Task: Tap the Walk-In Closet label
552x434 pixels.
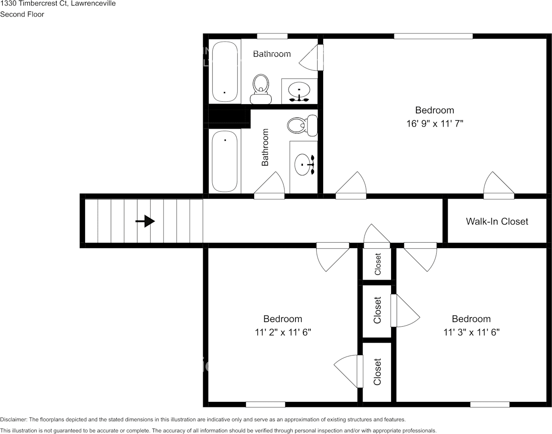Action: coord(497,222)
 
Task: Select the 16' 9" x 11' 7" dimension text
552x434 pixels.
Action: coord(435,123)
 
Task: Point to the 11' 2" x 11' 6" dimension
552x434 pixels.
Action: coord(283,332)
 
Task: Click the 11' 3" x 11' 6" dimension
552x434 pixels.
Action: coord(471,332)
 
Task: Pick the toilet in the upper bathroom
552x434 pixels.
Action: coord(261,89)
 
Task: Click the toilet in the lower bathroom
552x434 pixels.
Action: coord(302,125)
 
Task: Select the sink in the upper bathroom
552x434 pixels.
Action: coord(299,90)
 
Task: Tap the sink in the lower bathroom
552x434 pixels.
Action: coord(304,164)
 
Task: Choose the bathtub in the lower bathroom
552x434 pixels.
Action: coord(225,161)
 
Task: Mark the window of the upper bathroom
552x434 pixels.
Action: coord(272,36)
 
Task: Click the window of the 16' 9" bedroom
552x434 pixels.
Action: coord(433,36)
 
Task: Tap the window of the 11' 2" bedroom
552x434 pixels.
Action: coord(265,404)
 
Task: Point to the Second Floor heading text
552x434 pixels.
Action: coord(22,14)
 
